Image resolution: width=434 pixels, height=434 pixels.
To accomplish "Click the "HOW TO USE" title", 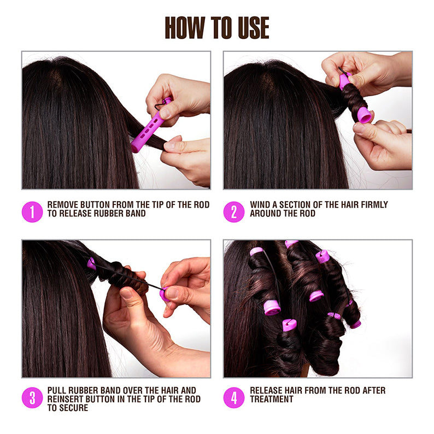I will pyautogui.click(x=217, y=27).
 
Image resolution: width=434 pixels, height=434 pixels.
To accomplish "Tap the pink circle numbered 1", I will pyautogui.click(x=32, y=212).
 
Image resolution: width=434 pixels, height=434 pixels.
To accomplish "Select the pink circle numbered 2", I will pyautogui.click(x=234, y=212).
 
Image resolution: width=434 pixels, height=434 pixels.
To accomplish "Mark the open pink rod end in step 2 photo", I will pyautogui.click(x=365, y=115).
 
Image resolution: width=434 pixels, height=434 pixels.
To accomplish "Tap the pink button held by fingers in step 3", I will pyautogui.click(x=163, y=294).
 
